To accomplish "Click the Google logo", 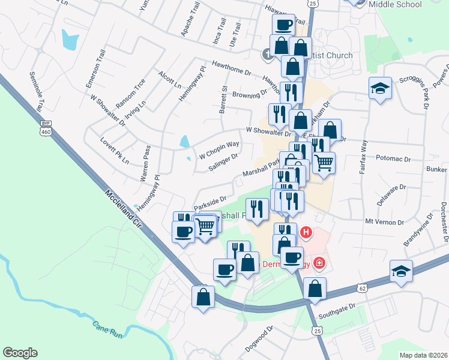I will click(x=20, y=353).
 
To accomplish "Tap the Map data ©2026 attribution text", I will click(x=423, y=354).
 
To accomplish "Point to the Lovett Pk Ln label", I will click(x=115, y=152).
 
